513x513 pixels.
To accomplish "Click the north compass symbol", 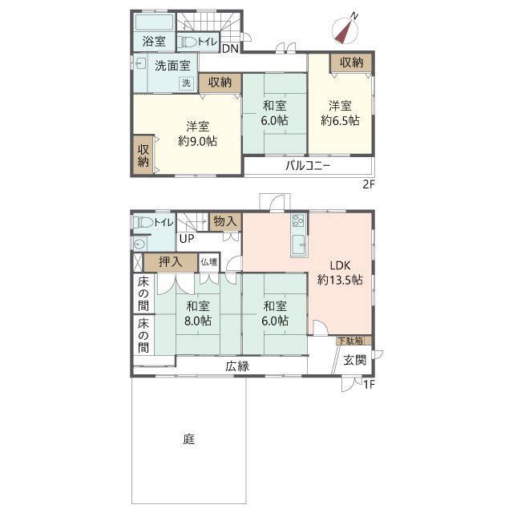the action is tap(345, 30).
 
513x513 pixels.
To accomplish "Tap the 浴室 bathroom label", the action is tap(154, 41).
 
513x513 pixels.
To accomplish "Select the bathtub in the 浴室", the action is tap(154, 22).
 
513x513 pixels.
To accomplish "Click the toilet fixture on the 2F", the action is tap(187, 42).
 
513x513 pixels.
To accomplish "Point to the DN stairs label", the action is tap(230, 49).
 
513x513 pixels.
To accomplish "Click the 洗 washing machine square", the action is tap(186, 83).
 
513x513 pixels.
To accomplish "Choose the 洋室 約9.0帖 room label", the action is tap(198, 134).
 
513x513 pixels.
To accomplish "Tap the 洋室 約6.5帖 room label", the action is tap(340, 113).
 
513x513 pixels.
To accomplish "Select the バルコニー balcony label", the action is tap(308, 166).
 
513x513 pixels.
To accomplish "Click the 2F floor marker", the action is tap(369, 184).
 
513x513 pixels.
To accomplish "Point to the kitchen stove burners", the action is tap(298, 220).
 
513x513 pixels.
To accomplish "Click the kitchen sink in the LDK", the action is tap(299, 244).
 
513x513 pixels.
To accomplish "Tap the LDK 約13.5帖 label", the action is tap(340, 273).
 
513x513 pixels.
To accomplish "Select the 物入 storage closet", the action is tap(225, 222).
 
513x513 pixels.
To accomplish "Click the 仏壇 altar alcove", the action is tap(209, 262).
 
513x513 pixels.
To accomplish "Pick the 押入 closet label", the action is tap(170, 262).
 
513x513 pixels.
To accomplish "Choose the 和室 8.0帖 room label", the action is tap(198, 313).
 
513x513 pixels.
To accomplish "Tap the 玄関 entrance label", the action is tap(354, 360).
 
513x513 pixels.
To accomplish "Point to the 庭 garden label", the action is tap(189, 438).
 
